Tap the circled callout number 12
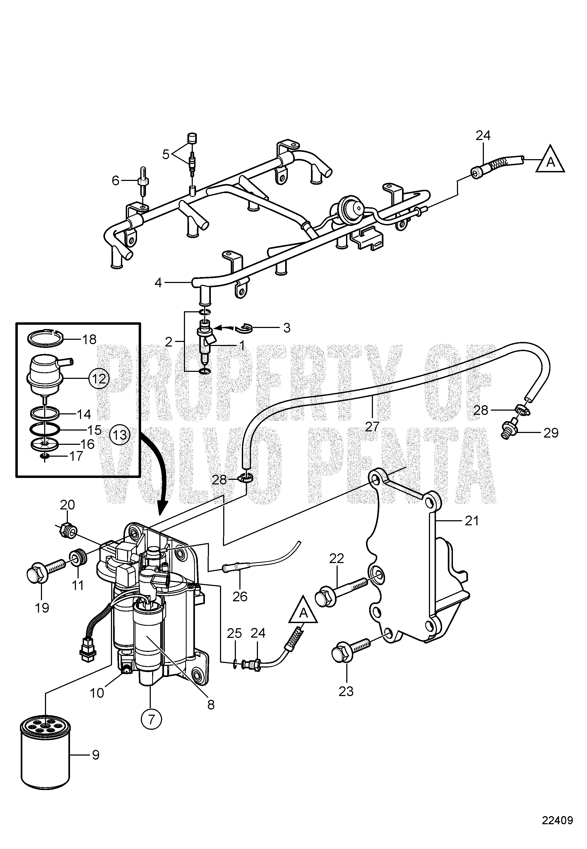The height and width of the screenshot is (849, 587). click(99, 378)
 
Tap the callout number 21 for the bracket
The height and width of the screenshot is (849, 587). click(471, 521)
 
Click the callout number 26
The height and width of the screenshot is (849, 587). click(240, 596)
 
